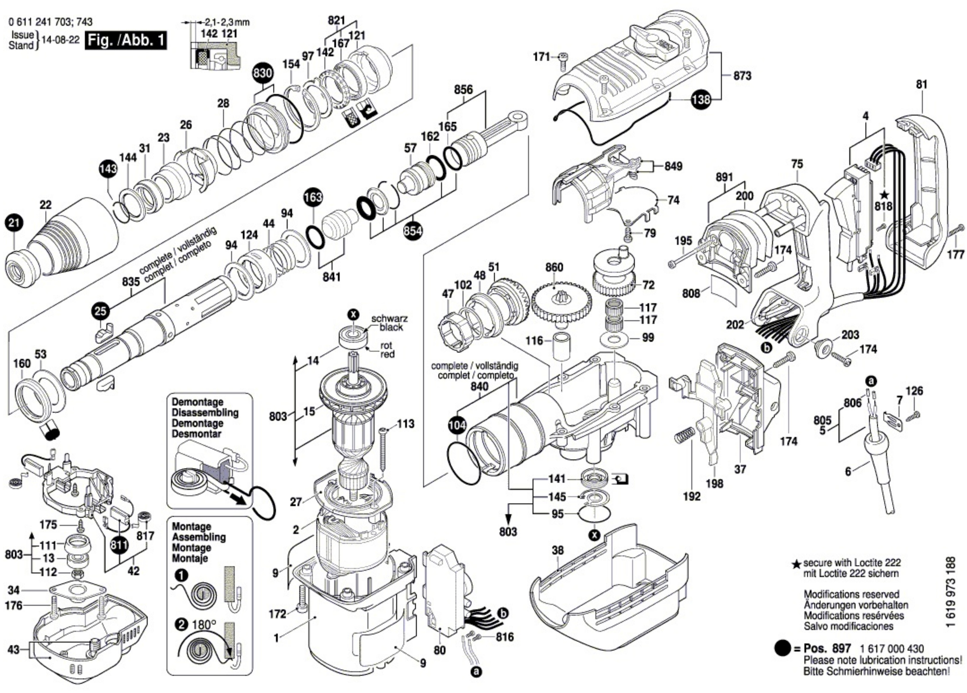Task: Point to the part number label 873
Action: click(x=742, y=76)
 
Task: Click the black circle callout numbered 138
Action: click(x=701, y=99)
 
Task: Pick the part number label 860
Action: click(x=554, y=267)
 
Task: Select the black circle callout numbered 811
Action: click(x=119, y=545)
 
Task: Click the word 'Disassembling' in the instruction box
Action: click(x=205, y=413)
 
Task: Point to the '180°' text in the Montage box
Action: click(x=204, y=625)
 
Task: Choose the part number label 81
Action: click(x=922, y=85)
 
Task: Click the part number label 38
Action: click(x=558, y=550)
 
